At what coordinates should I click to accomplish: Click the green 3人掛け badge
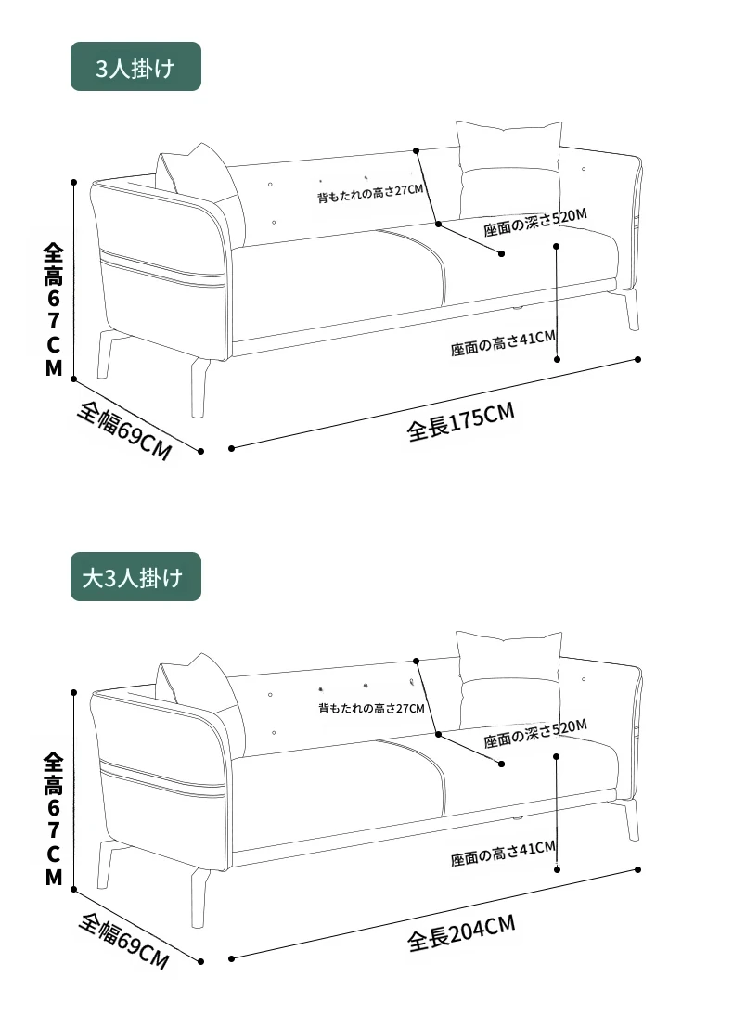[135, 66]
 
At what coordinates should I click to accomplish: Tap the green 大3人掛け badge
[135, 577]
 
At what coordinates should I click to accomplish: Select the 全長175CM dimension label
[460, 421]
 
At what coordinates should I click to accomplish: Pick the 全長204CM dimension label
[461, 932]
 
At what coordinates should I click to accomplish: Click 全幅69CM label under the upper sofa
[124, 431]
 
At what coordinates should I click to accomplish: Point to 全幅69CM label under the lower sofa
[124, 941]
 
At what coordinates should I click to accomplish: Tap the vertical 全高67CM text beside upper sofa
[53, 310]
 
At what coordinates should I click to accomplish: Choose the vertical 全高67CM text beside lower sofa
[53, 819]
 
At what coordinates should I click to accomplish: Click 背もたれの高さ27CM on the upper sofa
[369, 193]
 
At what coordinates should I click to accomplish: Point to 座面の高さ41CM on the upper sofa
[503, 343]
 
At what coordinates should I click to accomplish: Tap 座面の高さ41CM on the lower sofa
[503, 854]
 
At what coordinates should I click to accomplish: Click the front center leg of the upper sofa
[199, 388]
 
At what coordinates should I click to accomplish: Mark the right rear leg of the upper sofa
[630, 310]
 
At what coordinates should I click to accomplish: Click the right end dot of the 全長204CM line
[637, 869]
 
